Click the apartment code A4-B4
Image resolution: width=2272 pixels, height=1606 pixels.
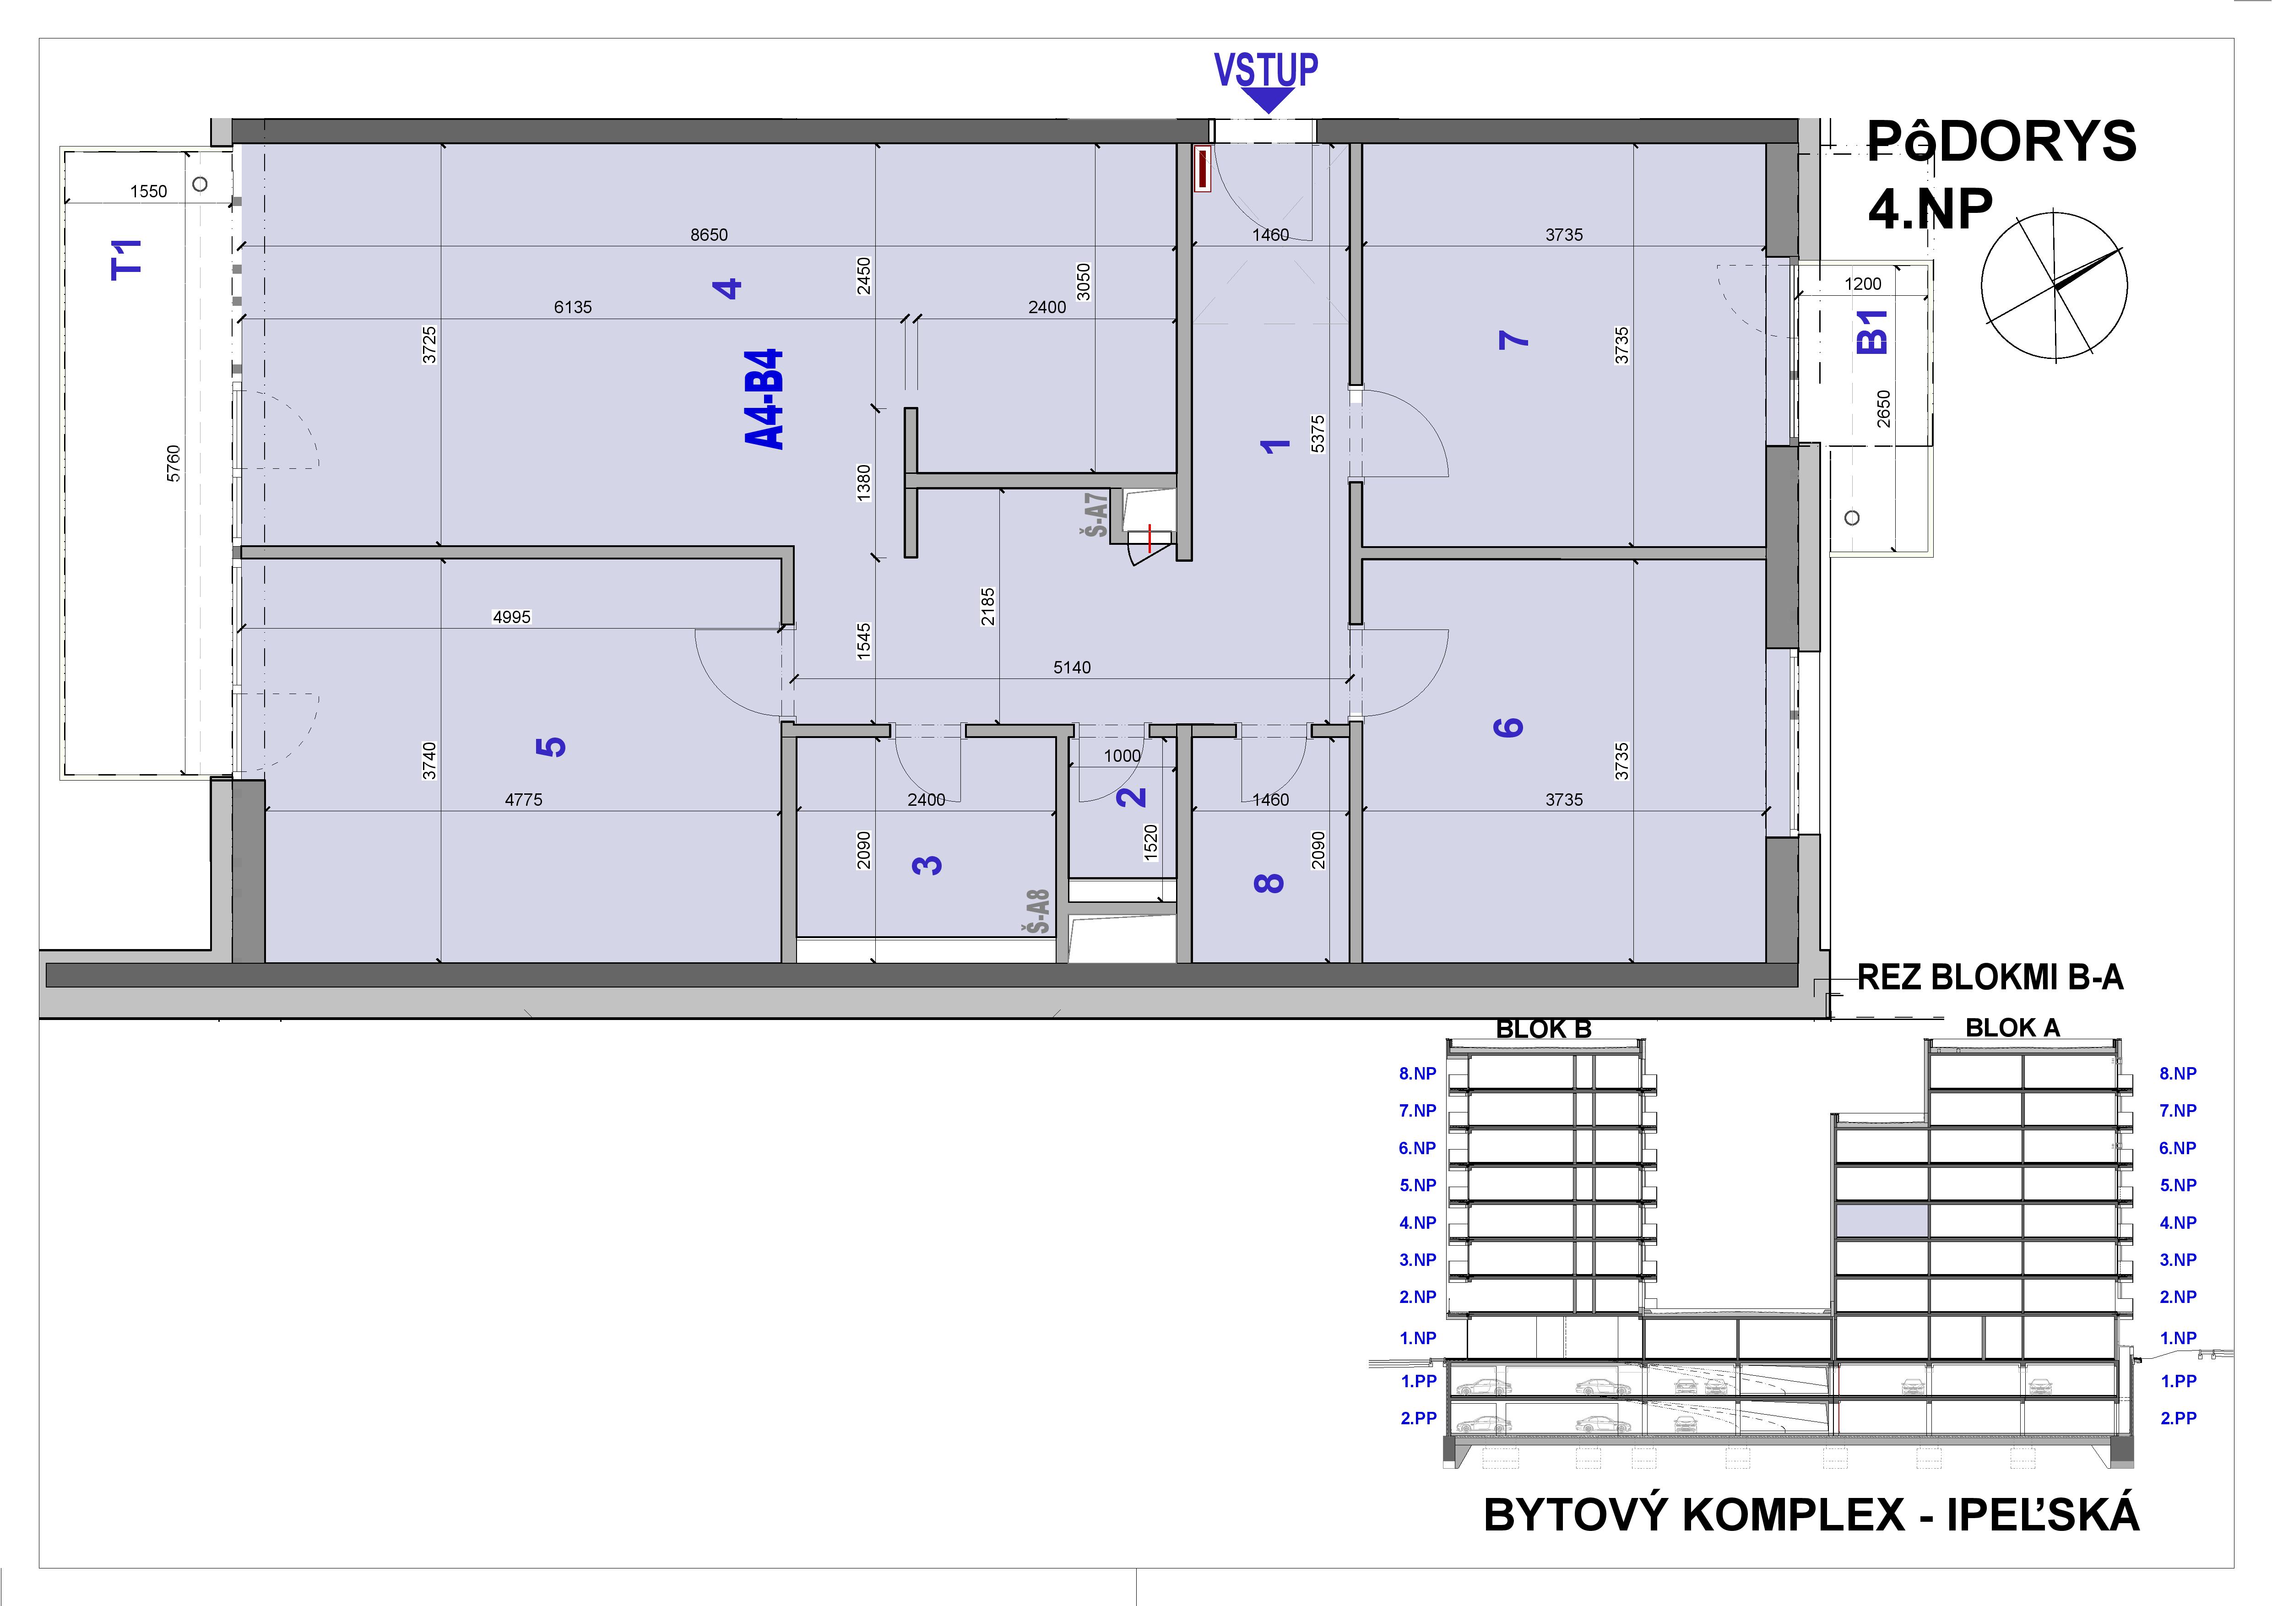pyautogui.click(x=764, y=400)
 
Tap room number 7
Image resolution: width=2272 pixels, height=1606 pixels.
pyautogui.click(x=1514, y=339)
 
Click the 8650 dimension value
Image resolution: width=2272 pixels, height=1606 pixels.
pyautogui.click(x=709, y=234)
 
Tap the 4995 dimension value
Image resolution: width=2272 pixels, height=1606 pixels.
pyautogui.click(x=512, y=617)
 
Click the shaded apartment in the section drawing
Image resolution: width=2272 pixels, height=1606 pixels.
pyautogui.click(x=1882, y=1221)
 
